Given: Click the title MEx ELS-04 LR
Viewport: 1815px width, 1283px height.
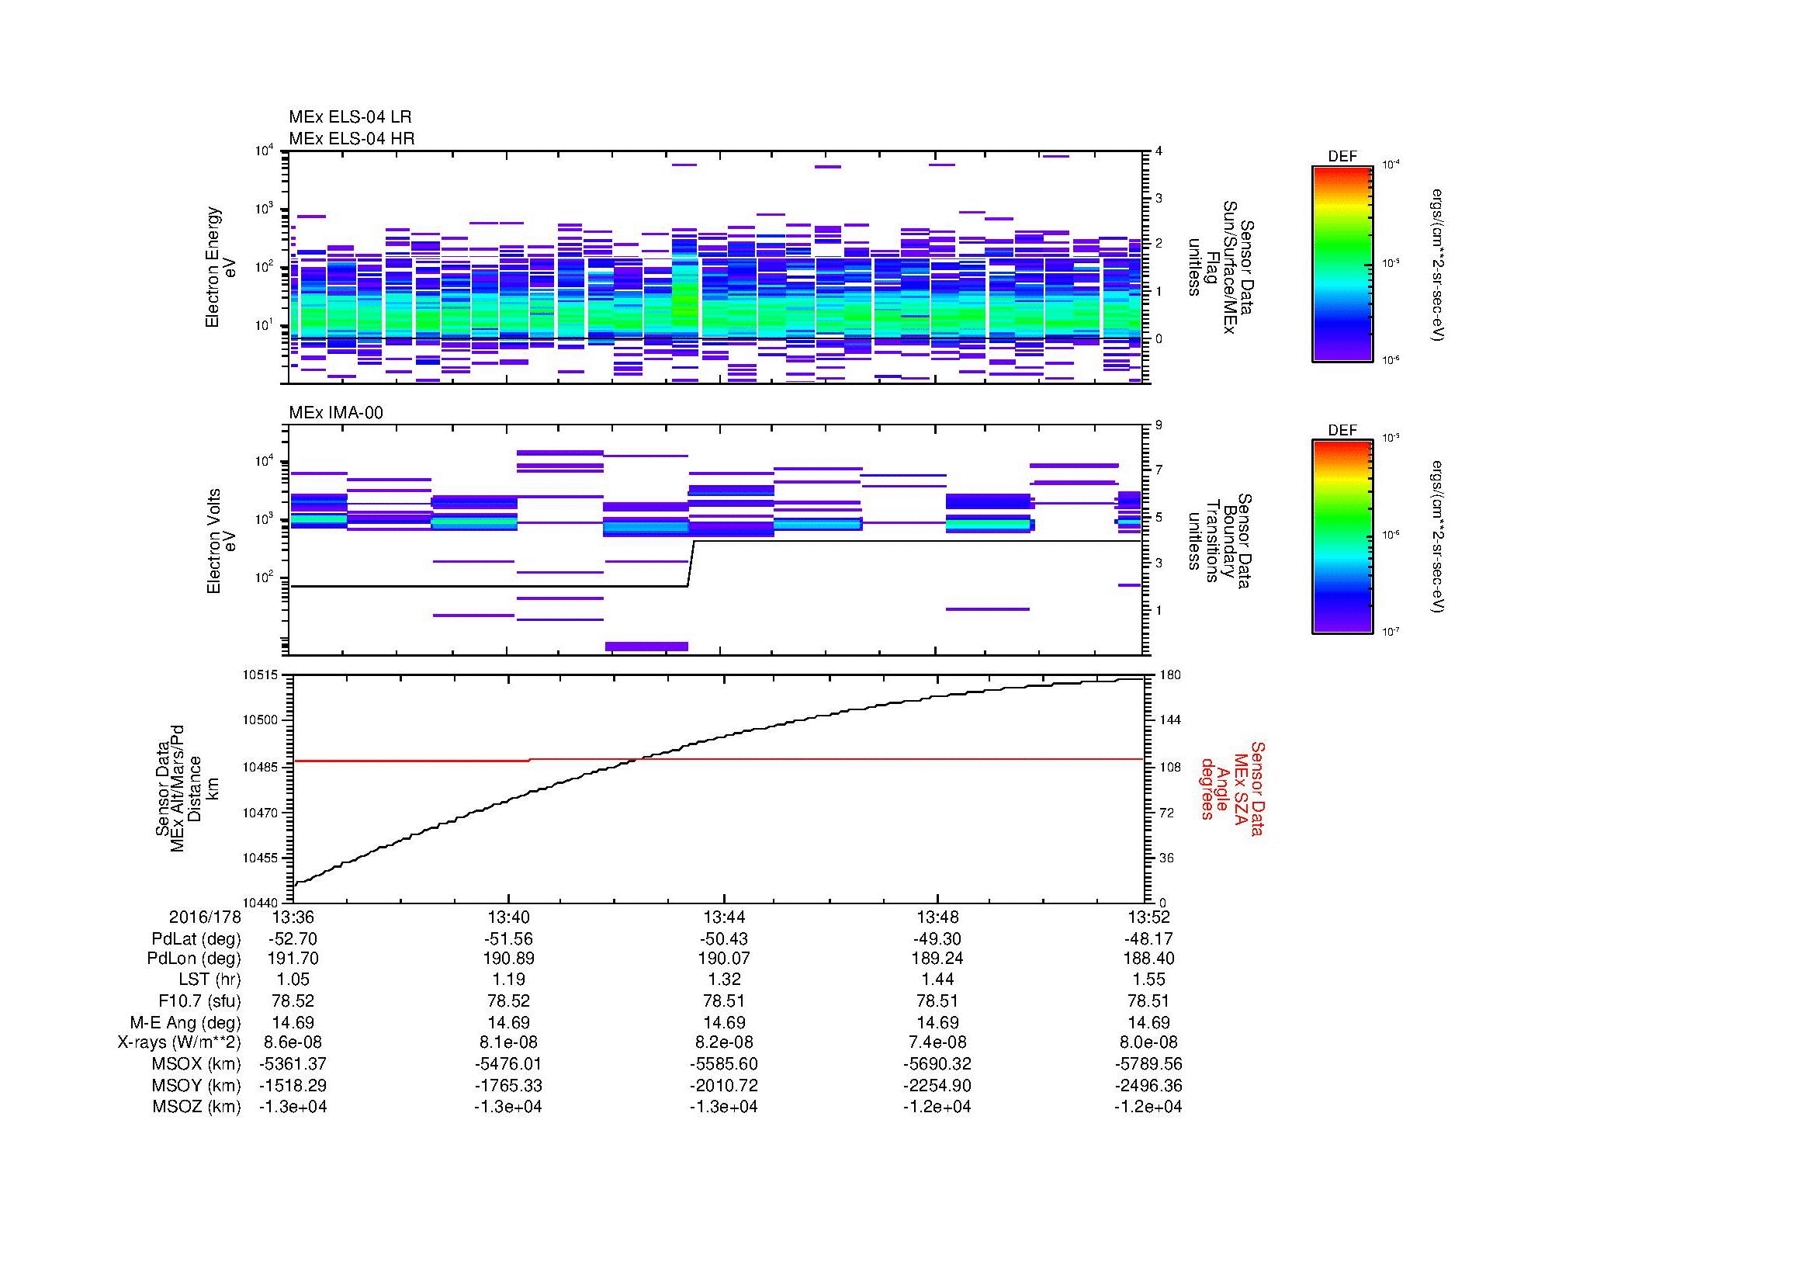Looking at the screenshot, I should [349, 117].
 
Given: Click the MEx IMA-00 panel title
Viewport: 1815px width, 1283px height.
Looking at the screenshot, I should [335, 413].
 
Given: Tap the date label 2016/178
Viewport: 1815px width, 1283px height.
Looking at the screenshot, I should [204, 917].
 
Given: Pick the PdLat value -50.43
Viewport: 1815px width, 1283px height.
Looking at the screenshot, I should [722, 938].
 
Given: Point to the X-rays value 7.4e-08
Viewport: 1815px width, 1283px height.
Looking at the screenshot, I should [937, 1042].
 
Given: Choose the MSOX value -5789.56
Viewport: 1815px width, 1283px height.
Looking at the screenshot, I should [1148, 1064].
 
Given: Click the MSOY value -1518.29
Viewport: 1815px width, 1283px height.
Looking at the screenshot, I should [293, 1085].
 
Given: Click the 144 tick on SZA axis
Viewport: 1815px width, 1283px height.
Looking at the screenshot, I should [1171, 720].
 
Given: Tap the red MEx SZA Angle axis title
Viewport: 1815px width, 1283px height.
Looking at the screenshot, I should [1231, 788].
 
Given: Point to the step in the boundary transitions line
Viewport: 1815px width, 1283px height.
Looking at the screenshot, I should [691, 563].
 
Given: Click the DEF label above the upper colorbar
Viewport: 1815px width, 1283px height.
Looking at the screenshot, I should [1342, 157].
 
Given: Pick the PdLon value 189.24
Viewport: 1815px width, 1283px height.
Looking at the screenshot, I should [937, 959].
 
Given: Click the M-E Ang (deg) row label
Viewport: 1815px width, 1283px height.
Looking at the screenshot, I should [196, 1022].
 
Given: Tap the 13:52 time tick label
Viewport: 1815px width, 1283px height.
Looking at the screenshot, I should [1148, 917].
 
